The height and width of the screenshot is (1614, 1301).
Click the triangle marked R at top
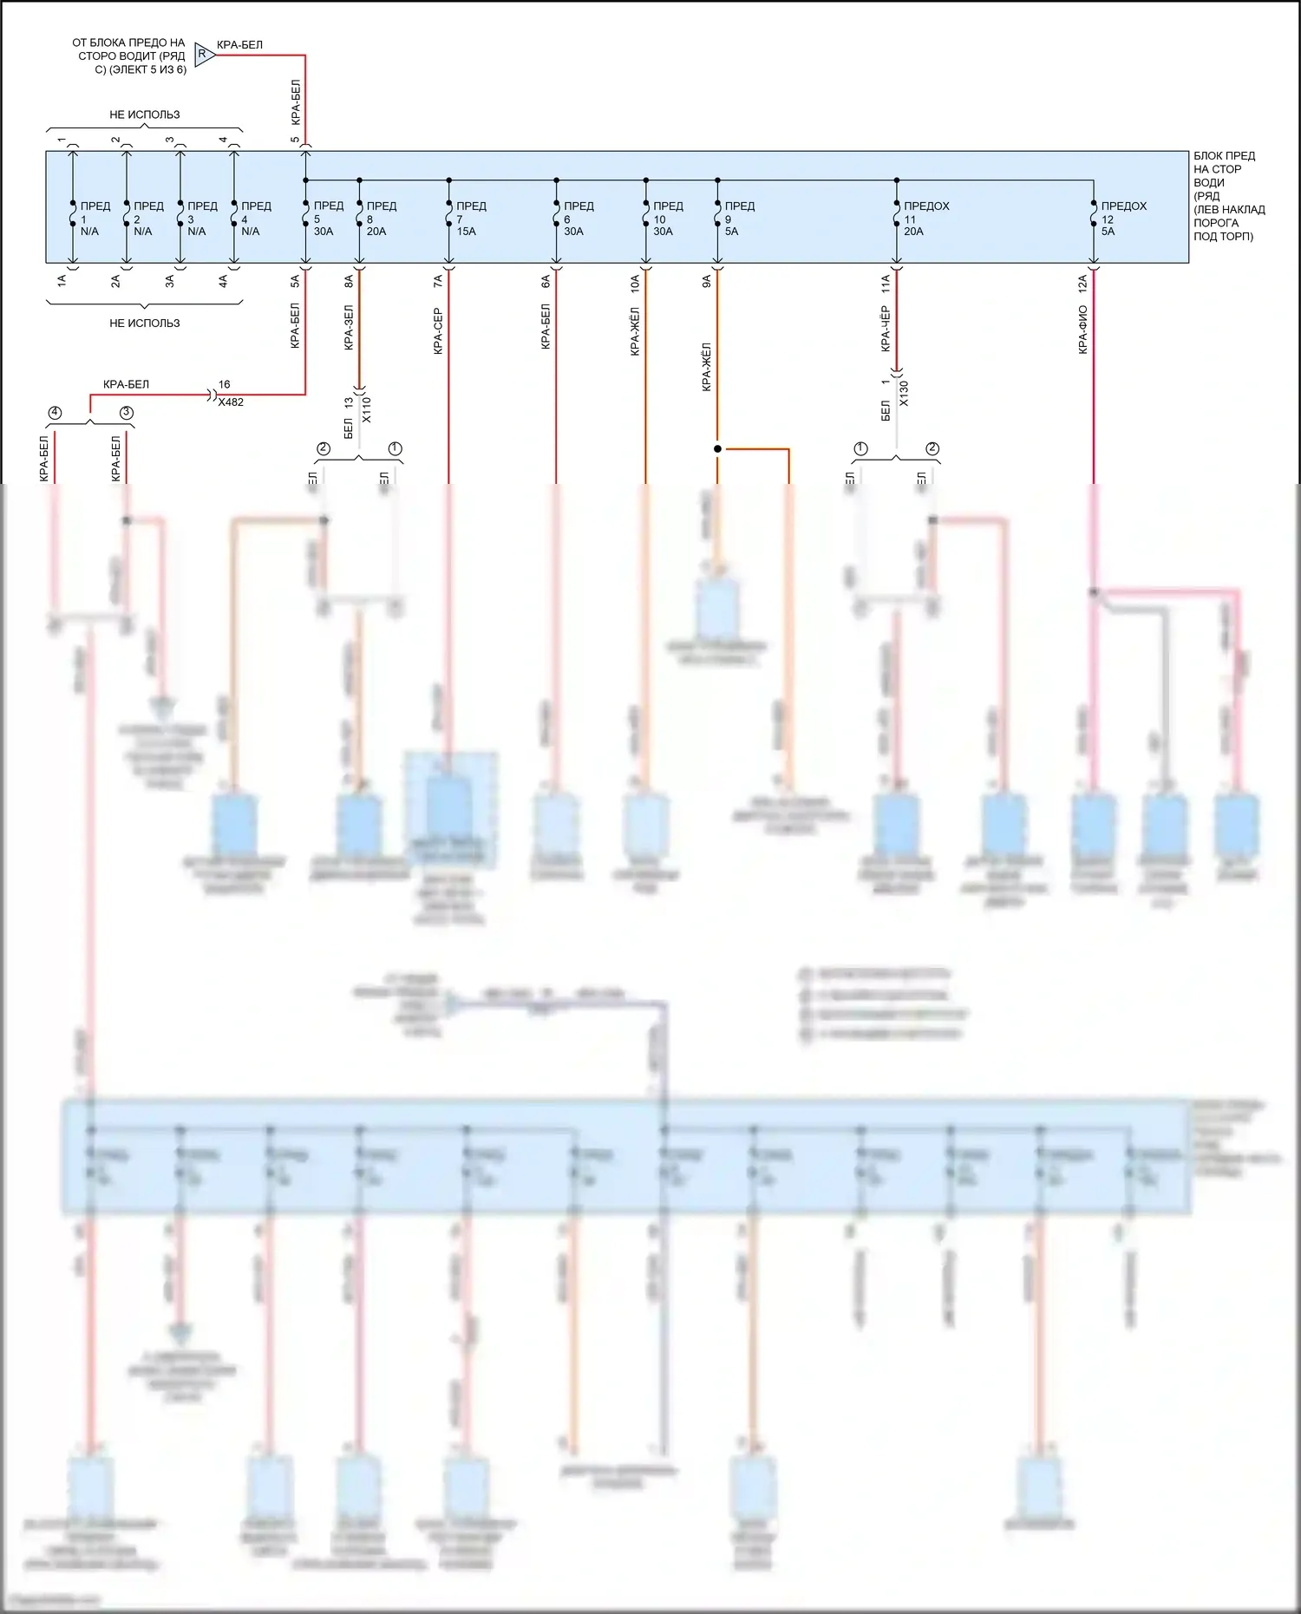[204, 54]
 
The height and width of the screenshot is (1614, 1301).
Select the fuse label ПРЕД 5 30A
[327, 219]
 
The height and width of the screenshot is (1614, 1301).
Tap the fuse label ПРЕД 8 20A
[380, 219]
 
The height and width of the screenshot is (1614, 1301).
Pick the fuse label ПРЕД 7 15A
[470, 219]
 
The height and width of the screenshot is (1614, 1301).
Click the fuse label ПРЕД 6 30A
[578, 219]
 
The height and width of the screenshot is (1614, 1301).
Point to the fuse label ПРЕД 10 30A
[667, 219]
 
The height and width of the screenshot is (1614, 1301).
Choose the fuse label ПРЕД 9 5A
[738, 219]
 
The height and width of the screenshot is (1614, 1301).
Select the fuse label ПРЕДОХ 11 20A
[925, 219]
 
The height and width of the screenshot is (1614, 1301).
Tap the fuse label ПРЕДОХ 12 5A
[1122, 219]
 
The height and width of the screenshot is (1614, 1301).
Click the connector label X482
[231, 402]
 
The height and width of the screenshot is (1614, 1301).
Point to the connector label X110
[366, 409]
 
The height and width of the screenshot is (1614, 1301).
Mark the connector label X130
[904, 393]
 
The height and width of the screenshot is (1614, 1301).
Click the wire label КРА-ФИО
[1083, 330]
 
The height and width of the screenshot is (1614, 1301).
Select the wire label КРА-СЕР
[438, 331]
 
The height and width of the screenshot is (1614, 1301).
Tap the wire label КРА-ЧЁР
[886, 329]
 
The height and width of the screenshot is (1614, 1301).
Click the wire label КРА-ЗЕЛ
[349, 327]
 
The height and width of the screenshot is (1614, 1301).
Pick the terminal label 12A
[1082, 283]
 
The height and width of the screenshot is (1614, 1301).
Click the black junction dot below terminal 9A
[717, 448]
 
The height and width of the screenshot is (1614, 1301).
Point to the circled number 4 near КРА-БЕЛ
[56, 413]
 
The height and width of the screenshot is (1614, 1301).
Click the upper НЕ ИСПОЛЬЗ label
[145, 114]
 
